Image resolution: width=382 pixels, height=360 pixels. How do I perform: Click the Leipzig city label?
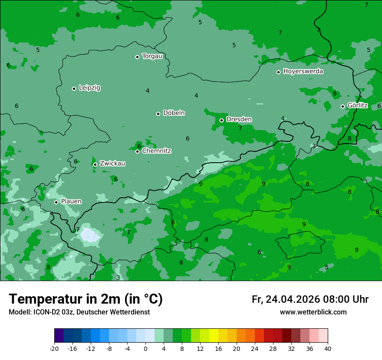(x=89, y=88)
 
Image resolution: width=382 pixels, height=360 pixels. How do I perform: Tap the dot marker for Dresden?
(x=221, y=120)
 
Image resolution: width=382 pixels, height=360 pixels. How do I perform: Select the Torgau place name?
(x=152, y=56)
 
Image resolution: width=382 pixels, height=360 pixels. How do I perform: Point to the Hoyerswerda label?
(x=303, y=71)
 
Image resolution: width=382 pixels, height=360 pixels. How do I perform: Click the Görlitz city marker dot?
(x=342, y=106)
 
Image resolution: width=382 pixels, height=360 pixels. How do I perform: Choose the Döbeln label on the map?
(x=174, y=113)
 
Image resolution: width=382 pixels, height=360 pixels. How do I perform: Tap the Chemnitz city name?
(x=156, y=151)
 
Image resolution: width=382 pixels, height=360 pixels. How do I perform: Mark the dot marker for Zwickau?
(x=95, y=164)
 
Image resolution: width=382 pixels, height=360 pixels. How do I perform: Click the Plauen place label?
(x=71, y=201)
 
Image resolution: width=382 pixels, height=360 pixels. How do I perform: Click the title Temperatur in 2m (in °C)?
(x=86, y=299)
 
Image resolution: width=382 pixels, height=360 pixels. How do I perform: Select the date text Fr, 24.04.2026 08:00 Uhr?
(x=310, y=299)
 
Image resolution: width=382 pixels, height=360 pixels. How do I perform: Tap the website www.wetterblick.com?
(x=313, y=312)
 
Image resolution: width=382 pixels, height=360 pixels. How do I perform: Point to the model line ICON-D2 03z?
(x=79, y=312)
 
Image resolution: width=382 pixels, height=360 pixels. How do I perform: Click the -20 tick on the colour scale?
(x=54, y=348)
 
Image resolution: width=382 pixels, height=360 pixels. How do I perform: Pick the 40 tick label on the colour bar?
(x=328, y=348)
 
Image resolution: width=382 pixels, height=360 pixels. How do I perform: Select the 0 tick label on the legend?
(x=145, y=348)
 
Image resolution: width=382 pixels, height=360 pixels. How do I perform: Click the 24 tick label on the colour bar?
(x=255, y=348)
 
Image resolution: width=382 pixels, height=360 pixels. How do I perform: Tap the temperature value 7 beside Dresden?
(x=240, y=128)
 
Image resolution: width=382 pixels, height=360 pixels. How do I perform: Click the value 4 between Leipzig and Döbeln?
(x=148, y=91)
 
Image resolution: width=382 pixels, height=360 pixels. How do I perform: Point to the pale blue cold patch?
(x=90, y=235)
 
